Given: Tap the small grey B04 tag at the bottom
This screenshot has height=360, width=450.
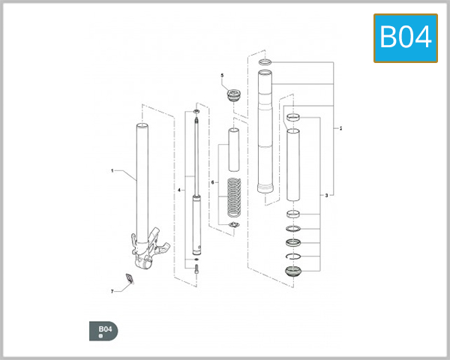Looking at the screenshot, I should coord(103,330).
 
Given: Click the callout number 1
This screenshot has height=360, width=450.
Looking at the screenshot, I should coord(112,172).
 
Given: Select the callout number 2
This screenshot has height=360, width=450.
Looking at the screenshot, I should coord(341,128).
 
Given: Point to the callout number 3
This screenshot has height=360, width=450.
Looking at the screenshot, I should coord(326,195).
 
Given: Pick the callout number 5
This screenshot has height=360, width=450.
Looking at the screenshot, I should coord(222,76).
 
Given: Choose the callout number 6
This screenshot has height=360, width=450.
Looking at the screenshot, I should coord(213,182).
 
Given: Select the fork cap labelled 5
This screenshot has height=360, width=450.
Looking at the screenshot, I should coord(233,96).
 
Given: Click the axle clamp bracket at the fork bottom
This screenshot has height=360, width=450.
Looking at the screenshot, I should coord(149,251).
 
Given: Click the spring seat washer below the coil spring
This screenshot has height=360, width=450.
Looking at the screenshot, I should coord(233,226).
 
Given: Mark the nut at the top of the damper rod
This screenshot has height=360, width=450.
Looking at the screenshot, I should coord(196,112).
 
